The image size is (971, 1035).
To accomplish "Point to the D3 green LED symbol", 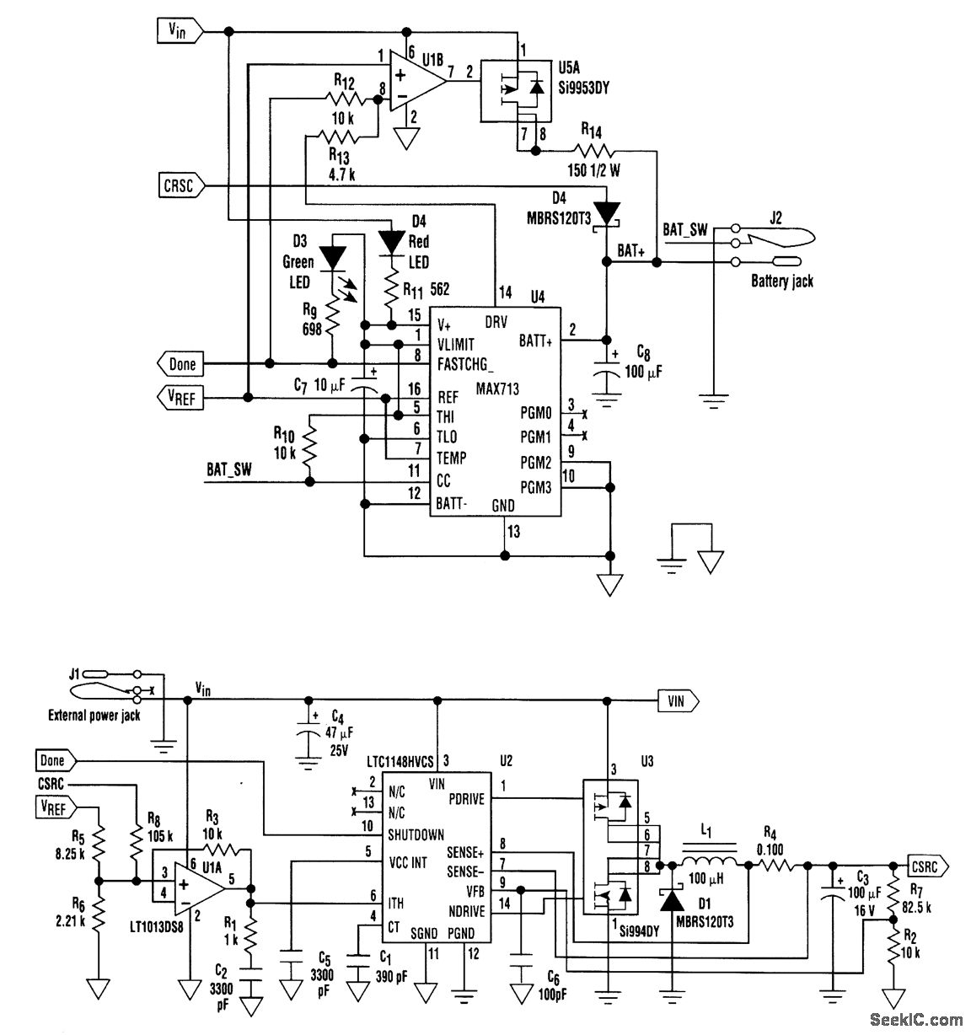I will [335, 255].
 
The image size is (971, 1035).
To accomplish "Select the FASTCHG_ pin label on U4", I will [465, 365].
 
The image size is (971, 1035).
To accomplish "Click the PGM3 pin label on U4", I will [535, 487].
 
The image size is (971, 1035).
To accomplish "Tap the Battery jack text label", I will [781, 282].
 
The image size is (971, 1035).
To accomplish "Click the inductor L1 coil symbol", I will [708, 864].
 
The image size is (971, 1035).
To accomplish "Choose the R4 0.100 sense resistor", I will [775, 864].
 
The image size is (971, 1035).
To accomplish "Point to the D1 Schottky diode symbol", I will [672, 900].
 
